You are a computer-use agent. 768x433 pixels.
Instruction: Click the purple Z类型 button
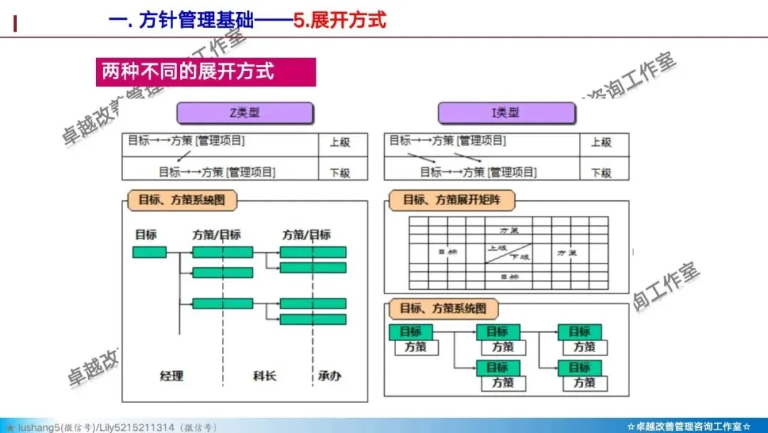(x=245, y=113)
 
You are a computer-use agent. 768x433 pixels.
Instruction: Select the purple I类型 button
(x=506, y=113)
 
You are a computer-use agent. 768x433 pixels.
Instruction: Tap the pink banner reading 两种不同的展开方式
(x=206, y=72)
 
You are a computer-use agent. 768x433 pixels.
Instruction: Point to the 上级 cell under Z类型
(x=340, y=142)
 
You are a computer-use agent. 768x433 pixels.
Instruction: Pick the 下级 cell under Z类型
(x=340, y=172)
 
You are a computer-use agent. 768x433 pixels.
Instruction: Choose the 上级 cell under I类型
(x=601, y=142)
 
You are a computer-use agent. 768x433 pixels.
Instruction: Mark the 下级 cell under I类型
(x=601, y=172)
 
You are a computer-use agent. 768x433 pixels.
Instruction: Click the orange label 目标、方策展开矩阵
(x=452, y=200)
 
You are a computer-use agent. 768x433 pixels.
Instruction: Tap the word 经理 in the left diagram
(x=171, y=375)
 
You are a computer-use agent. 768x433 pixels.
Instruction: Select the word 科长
(x=265, y=375)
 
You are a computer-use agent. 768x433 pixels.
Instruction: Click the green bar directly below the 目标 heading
(x=149, y=252)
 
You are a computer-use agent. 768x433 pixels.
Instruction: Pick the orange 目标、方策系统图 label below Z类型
(x=182, y=200)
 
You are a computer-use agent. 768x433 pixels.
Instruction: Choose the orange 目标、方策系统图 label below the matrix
(x=444, y=309)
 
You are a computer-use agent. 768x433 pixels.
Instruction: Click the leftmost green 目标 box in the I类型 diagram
(x=410, y=332)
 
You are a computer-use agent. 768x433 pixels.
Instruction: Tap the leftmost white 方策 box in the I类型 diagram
(x=416, y=348)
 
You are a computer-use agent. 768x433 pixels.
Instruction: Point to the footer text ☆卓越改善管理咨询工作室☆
(x=688, y=427)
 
